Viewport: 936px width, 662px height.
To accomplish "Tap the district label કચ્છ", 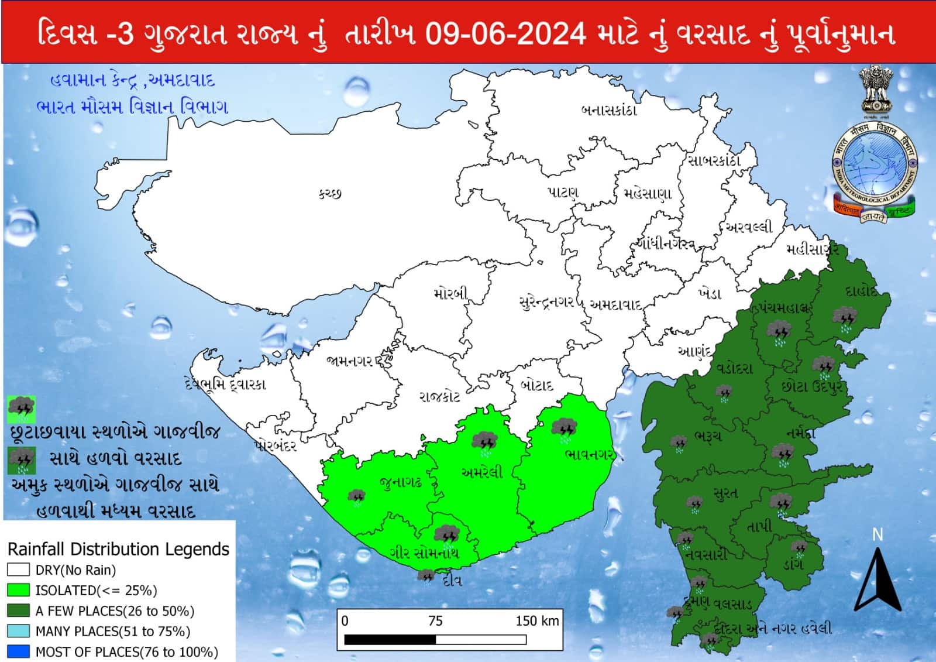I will point(329,193).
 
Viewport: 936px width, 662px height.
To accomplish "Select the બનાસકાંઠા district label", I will point(608,110).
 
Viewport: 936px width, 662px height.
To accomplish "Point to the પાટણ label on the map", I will point(562,192).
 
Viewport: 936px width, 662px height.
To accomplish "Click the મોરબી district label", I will point(450,294).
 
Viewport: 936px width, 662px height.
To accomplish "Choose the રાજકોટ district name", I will point(439,397).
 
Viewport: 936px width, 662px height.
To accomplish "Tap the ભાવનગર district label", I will point(588,455).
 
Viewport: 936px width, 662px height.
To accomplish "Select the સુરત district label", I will point(725,493).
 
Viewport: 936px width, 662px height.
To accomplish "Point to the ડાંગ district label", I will point(793,564).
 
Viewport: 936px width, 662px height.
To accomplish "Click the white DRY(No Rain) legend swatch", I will point(18,570).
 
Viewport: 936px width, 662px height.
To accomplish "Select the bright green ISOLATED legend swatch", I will point(18,590).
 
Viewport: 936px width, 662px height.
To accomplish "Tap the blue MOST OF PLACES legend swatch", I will point(18,651).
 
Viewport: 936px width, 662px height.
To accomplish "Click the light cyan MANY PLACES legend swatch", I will point(18,631).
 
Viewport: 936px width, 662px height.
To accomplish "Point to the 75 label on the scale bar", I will point(435,621).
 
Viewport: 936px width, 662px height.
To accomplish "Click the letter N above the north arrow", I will point(877,534).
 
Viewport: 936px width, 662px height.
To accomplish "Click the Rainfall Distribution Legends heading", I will point(118,549).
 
